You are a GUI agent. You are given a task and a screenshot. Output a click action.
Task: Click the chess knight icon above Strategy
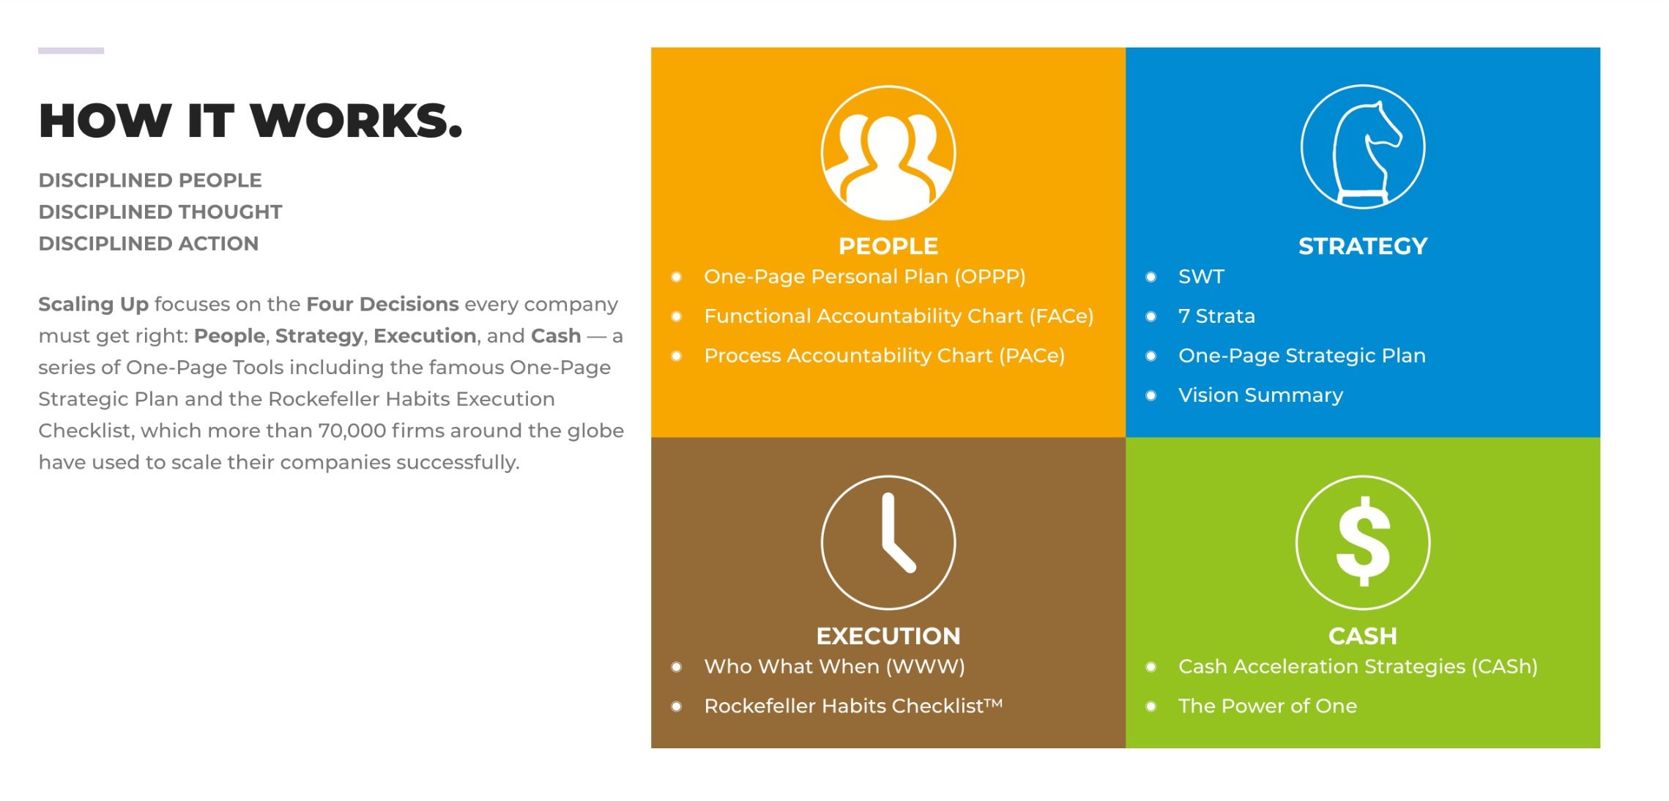coord(1363,147)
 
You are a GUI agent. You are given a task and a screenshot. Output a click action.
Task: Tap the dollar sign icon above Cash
coord(1362,543)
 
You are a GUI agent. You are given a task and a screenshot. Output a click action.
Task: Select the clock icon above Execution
coord(888,543)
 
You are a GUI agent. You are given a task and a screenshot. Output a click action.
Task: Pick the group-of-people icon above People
coord(888,153)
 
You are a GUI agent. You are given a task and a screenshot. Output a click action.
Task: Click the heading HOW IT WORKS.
coord(250,121)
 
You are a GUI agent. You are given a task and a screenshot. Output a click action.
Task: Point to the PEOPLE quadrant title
coord(888,246)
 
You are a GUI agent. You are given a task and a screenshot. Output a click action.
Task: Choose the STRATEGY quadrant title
coord(1362,246)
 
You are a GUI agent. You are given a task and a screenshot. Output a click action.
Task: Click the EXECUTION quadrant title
coord(888,636)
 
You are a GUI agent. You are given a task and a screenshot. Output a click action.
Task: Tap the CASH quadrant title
coord(1362,636)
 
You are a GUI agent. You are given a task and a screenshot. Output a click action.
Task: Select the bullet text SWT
coord(1201,277)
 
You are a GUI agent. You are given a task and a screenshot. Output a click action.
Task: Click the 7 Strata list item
coord(1216,316)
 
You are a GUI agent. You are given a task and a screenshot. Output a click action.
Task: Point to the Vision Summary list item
coord(1260,395)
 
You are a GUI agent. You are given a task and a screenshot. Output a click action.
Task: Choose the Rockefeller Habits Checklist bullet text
coord(852,706)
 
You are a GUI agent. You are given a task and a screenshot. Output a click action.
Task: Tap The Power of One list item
coord(1267,706)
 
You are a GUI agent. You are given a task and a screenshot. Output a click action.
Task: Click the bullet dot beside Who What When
coord(677,667)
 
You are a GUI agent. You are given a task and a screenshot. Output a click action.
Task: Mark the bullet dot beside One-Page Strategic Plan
coord(1151,357)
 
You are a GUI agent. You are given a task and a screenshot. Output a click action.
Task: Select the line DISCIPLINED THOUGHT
coord(160,212)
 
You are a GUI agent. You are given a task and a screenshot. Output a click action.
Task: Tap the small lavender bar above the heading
coord(71,51)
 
